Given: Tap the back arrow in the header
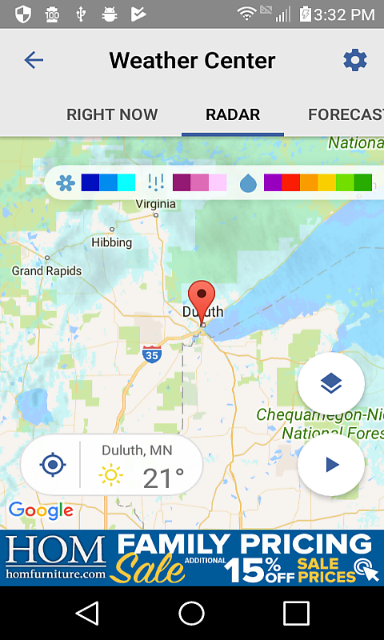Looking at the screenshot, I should click(34, 60).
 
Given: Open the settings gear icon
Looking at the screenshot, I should click(354, 60).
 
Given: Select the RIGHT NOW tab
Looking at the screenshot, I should click(112, 114).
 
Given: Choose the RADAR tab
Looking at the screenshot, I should click(233, 114).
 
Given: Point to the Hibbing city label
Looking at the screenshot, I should click(111, 242).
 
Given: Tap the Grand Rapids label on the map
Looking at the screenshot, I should click(46, 271).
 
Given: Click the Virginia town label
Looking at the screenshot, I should click(155, 204).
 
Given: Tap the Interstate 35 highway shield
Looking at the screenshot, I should click(150, 354).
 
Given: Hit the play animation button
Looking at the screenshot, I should click(332, 465).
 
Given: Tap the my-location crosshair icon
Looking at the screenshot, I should click(52, 465).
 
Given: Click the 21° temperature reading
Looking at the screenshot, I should click(163, 478).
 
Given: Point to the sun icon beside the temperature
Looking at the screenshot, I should click(111, 477).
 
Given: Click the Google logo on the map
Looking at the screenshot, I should click(40, 510).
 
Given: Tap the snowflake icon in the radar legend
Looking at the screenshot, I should click(65, 183).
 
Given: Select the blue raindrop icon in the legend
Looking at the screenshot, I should click(248, 183).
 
